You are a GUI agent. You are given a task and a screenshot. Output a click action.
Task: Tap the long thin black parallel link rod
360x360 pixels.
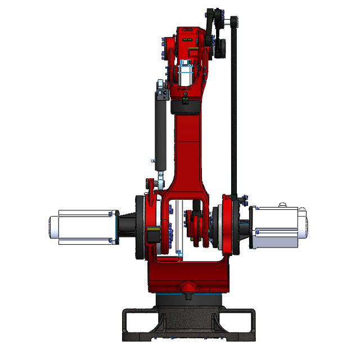tap(234, 112)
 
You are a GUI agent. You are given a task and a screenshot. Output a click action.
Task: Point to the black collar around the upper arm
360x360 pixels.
tap(186, 105)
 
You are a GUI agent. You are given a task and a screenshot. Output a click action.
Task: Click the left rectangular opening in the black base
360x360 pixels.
tap(137, 325)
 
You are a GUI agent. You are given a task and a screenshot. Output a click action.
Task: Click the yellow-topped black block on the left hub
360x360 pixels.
tap(151, 236)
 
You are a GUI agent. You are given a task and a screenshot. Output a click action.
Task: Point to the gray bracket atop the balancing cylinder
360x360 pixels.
tap(162, 89)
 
